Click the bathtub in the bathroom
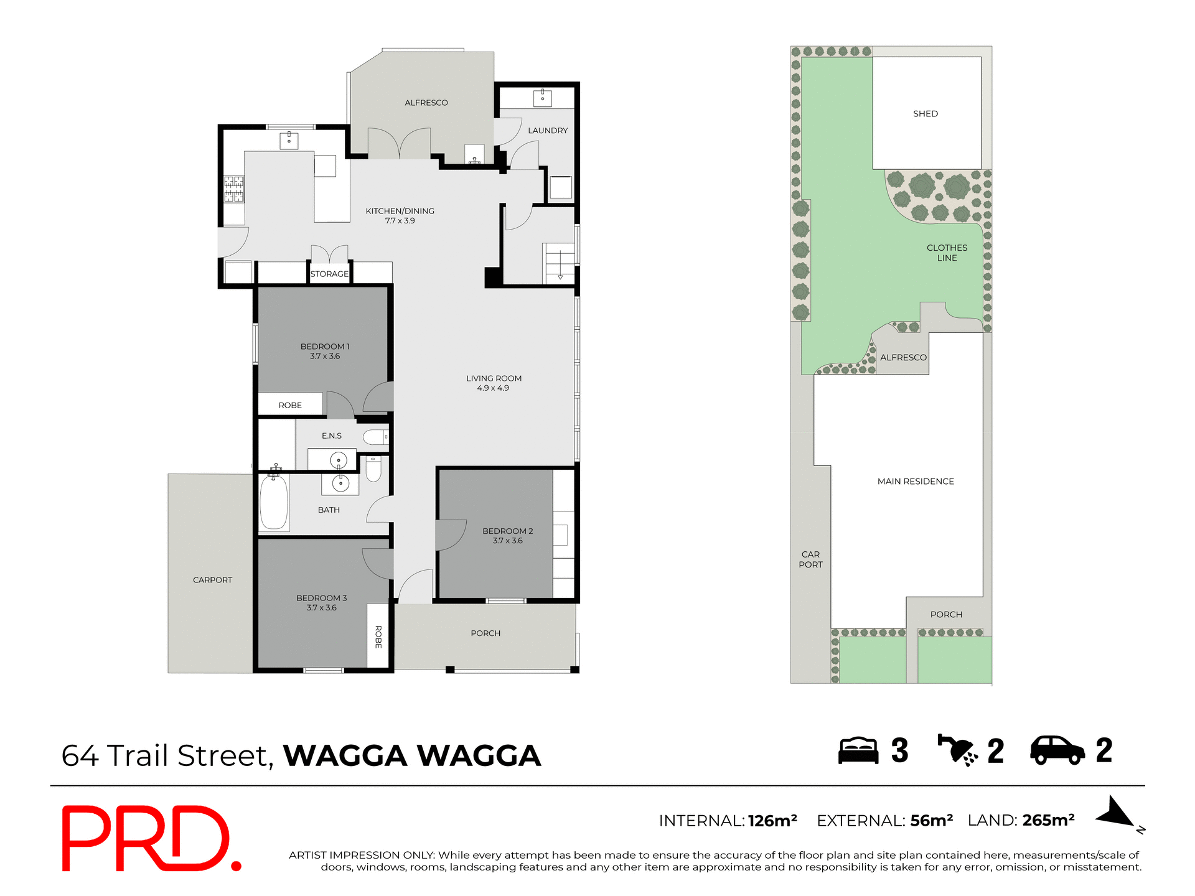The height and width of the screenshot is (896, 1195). pyautogui.click(x=274, y=503)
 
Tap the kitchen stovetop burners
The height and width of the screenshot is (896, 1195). pyautogui.click(x=234, y=189)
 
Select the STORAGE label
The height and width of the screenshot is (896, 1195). pyautogui.click(x=329, y=274)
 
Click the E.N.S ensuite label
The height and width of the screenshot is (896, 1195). pyautogui.click(x=332, y=436)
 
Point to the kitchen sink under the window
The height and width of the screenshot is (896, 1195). pyautogui.click(x=289, y=141)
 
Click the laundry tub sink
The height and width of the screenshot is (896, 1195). pyautogui.click(x=542, y=98)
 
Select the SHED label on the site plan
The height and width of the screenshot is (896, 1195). pyautogui.click(x=925, y=114)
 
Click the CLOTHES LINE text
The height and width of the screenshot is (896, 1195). pyautogui.click(x=947, y=253)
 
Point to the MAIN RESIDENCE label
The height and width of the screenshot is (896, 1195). pyautogui.click(x=916, y=482)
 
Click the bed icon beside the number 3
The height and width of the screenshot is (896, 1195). pyautogui.click(x=858, y=750)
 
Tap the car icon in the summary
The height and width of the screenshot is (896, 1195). pyautogui.click(x=1057, y=750)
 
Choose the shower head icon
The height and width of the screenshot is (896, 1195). pyautogui.click(x=957, y=750)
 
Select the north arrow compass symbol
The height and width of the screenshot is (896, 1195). pyautogui.click(x=1118, y=814)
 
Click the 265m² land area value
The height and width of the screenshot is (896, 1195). pyautogui.click(x=1048, y=821)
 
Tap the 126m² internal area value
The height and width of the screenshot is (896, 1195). pyautogui.click(x=772, y=821)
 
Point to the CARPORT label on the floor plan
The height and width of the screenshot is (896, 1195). pyautogui.click(x=212, y=580)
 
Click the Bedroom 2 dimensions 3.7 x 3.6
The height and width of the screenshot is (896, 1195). pyautogui.click(x=508, y=541)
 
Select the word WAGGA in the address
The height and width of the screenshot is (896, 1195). pyautogui.click(x=345, y=756)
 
